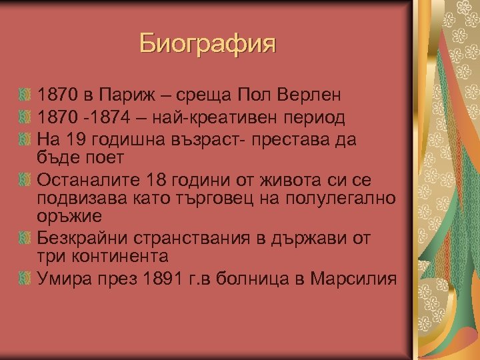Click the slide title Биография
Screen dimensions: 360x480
tap(207, 45)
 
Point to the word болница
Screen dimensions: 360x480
tap(260, 278)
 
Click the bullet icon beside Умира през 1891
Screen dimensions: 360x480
tap(25, 278)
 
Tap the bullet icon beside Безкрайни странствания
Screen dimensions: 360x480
tap(25, 239)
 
